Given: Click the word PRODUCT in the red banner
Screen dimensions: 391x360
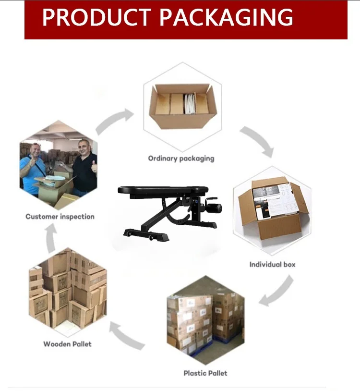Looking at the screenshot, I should point(96,17).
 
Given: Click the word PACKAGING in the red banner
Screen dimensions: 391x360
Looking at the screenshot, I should point(226,17).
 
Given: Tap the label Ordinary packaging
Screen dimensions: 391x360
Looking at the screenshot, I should point(181,158).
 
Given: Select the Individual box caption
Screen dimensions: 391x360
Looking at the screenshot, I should point(272,264).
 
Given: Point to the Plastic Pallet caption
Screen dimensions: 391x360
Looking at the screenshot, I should point(205,373).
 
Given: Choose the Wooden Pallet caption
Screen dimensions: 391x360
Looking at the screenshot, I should point(67,344).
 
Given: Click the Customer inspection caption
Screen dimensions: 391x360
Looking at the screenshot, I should point(60,217).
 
